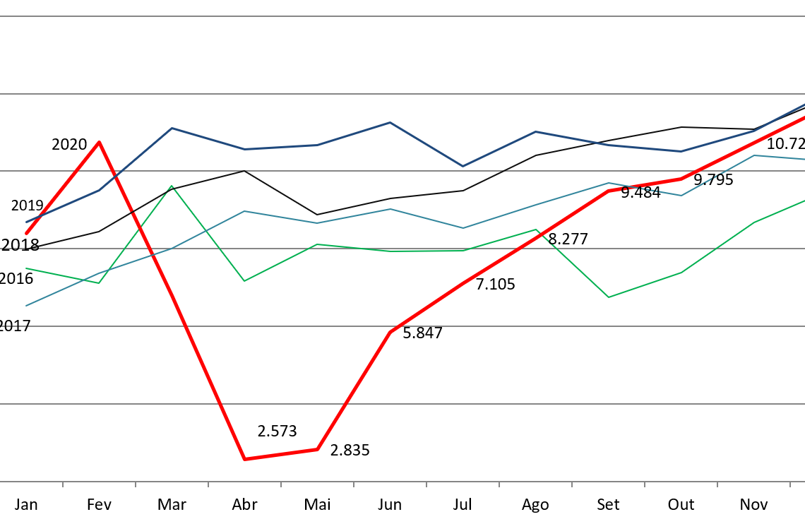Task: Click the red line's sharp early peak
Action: pos(99,142)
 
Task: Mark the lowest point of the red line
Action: pos(244,459)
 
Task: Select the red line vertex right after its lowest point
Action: pos(317,449)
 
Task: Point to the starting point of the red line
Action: pos(26,233)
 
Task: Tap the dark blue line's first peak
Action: pos(172,129)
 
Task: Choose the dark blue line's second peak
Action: pos(390,123)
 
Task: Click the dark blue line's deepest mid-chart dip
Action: pos(463,166)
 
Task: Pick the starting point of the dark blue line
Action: pos(26,222)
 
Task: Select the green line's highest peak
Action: pos(172,186)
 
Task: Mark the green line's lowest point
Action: pos(609,297)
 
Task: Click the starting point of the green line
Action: pos(26,268)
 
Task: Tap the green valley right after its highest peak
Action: pos(244,281)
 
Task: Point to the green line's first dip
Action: pos(99,283)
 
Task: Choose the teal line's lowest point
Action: pos(26,306)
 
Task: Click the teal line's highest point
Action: pos(754,155)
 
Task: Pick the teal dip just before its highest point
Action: pos(681,196)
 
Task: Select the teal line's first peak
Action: pos(244,211)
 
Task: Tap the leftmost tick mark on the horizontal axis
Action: pos(63,484)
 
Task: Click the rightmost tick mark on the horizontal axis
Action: pos(790,484)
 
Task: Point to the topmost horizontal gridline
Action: pos(402,16)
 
